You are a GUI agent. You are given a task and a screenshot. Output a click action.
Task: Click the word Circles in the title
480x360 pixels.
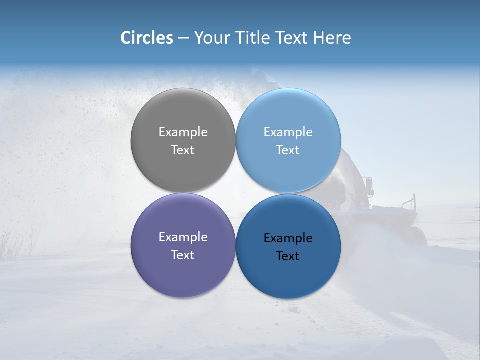(147, 38)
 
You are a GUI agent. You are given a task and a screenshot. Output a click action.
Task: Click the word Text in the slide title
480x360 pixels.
(294, 38)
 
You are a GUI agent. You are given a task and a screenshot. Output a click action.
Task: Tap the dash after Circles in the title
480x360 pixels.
(183, 38)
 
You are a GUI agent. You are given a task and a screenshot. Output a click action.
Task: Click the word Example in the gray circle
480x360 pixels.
(183, 132)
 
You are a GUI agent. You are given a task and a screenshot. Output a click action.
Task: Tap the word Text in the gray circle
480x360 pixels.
(183, 150)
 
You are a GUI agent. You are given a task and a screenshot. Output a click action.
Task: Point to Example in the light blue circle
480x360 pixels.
(288, 132)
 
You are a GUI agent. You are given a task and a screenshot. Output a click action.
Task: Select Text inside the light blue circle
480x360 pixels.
(288, 150)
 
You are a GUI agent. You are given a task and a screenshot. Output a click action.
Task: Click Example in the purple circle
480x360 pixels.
(183, 237)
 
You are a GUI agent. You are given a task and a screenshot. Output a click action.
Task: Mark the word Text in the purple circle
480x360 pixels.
(183, 255)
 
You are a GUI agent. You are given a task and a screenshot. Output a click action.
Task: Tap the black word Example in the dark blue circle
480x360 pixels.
(288, 238)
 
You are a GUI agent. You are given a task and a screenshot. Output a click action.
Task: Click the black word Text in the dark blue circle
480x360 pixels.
(288, 256)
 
